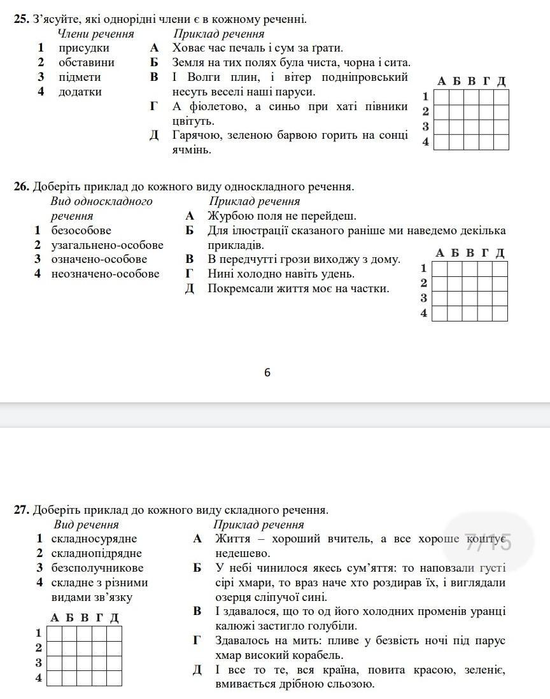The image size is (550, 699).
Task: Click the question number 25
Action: click(22, 19)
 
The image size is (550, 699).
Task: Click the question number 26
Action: click(22, 187)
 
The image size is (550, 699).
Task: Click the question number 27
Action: click(22, 510)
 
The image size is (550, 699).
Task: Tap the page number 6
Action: click(267, 372)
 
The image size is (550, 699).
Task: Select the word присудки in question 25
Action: click(84, 48)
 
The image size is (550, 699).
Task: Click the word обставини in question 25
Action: click(87, 62)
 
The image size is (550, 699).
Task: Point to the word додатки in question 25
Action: click(80, 92)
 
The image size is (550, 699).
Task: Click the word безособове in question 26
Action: click(81, 230)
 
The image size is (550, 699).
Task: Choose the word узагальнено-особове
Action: click(107, 245)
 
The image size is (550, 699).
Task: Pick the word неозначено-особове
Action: click(105, 274)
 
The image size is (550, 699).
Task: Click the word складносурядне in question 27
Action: click(94, 539)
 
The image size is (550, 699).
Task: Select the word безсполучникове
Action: click(97, 568)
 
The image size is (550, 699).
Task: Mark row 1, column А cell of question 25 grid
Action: click(441, 96)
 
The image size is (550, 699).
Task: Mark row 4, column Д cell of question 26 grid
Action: click(500, 313)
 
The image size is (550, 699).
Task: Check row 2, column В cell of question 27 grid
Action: click(84, 647)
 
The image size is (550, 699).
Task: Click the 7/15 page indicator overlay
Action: click(489, 542)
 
